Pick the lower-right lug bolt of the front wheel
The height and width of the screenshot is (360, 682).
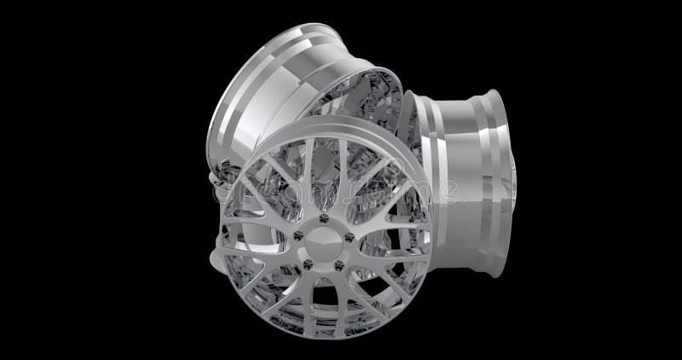(x=338, y=265)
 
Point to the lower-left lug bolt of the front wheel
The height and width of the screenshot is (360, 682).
(x=308, y=264)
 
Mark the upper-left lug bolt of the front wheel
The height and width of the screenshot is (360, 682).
(x=298, y=235)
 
